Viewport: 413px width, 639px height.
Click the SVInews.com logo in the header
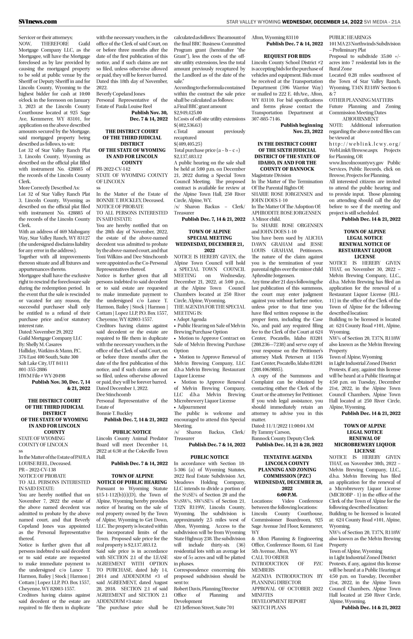click(x=38, y=22)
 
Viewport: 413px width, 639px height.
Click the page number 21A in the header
click(x=396, y=22)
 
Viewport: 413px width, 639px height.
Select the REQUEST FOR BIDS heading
click(x=287, y=56)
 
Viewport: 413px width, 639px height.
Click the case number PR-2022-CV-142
click(x=113, y=169)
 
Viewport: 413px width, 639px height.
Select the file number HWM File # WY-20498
click(x=42, y=376)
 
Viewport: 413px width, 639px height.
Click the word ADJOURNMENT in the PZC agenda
click(x=360, y=119)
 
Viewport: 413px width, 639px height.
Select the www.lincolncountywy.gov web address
click(x=356, y=163)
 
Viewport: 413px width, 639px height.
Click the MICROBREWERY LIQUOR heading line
click(x=364, y=445)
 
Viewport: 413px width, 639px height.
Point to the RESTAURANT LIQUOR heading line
click(x=364, y=250)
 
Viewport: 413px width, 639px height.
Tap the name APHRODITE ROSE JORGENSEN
click(x=286, y=213)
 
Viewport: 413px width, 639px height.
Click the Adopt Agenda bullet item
click(x=191, y=319)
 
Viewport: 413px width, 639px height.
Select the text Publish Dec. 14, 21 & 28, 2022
click(x=289, y=445)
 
